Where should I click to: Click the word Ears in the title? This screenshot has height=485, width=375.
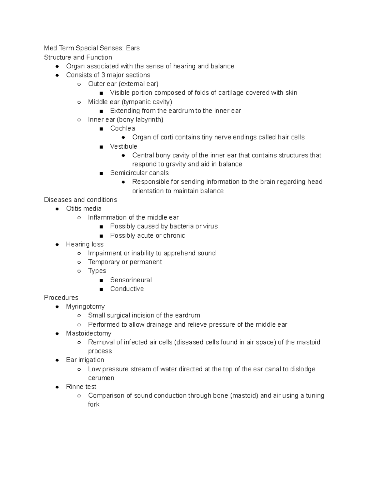[x=133, y=48]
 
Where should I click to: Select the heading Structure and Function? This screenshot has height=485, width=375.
[x=78, y=57]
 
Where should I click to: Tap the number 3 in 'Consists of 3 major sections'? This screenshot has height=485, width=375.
[x=103, y=75]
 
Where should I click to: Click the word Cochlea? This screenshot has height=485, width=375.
[x=122, y=128]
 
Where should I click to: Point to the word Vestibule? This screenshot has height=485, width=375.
[x=123, y=146]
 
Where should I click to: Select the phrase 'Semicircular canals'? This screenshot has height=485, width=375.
[x=139, y=173]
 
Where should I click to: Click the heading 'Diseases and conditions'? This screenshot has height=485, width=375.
[x=80, y=200]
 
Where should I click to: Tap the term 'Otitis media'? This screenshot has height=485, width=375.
[x=84, y=209]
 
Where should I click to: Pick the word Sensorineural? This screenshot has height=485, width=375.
[x=131, y=280]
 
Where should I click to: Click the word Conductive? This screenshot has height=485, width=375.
[x=127, y=289]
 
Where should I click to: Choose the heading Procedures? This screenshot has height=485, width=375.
[x=61, y=298]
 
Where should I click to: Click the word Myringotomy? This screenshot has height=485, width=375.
[x=85, y=307]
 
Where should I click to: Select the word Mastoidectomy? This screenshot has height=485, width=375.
[x=88, y=334]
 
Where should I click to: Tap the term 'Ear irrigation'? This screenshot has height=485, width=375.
[x=85, y=360]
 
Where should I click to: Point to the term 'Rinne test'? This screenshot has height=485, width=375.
[x=81, y=387]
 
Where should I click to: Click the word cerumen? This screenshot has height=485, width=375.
[x=101, y=378]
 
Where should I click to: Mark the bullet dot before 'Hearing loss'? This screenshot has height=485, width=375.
[x=57, y=245]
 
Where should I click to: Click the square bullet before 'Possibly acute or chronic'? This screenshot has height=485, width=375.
[x=101, y=236]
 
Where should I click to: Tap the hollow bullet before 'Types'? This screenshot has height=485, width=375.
[x=79, y=271]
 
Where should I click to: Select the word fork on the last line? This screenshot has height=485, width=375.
[x=94, y=404]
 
